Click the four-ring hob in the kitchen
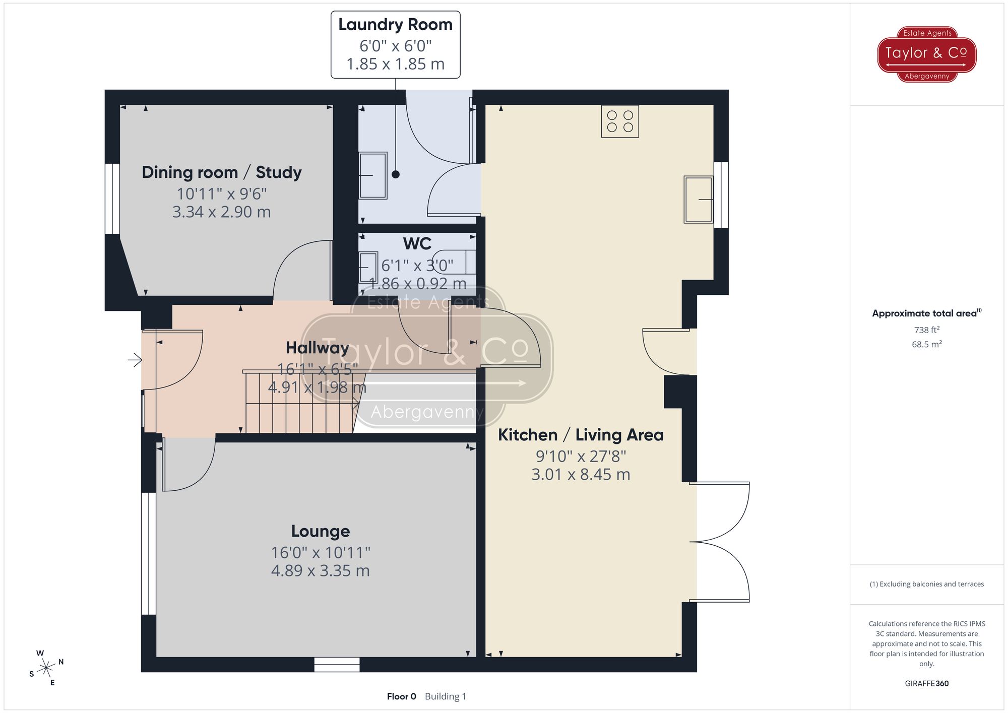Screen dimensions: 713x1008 pos(620,121)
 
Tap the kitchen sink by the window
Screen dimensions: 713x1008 pos(698,200)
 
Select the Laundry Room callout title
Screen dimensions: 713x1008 pos(395,25)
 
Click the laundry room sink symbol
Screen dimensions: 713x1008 pos(373,175)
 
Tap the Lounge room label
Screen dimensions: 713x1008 pos(321,531)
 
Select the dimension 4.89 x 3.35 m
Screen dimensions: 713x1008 pos(321,571)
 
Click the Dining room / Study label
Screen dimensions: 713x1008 pos(222,172)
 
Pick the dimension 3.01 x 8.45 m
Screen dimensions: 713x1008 pos(581,475)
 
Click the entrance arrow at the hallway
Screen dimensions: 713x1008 pos(135,360)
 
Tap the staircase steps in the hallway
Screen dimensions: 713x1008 pos(297,403)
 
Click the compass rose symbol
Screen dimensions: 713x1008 pos(46,668)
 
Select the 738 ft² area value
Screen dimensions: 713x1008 pos(926,330)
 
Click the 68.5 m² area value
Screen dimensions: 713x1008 pos(926,345)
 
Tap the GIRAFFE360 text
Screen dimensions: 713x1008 pos(926,684)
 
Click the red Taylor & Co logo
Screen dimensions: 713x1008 pos(927,54)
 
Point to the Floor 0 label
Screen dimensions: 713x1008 pos(401,696)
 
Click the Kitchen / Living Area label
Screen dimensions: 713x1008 pos(581,435)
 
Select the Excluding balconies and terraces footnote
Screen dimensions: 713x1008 pos(926,584)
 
